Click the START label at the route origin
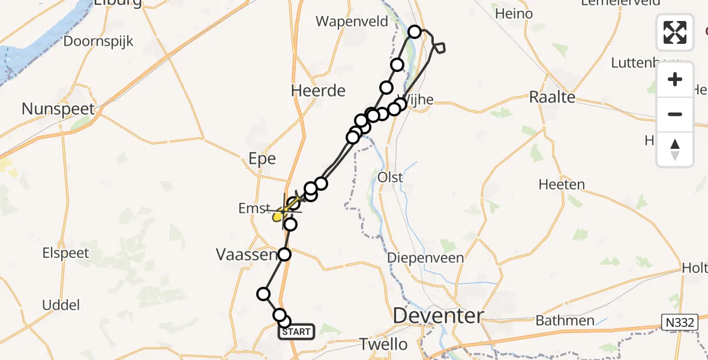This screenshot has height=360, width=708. pyautogui.click(x=296, y=332)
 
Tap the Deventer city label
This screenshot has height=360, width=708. pyautogui.click(x=438, y=316)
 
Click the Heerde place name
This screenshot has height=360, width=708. pyautogui.click(x=318, y=91)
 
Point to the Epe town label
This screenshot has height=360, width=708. pyautogui.click(x=262, y=159)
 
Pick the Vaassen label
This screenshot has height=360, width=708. pyautogui.click(x=245, y=254)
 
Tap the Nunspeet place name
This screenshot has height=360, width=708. pyautogui.click(x=58, y=109)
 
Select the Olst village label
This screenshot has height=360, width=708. pyautogui.click(x=390, y=178)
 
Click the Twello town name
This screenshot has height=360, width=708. pyautogui.click(x=383, y=344)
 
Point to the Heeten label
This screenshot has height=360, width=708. pyautogui.click(x=562, y=185)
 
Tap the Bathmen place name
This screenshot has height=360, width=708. pyautogui.click(x=565, y=320)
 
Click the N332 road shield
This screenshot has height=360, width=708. pyautogui.click(x=680, y=323)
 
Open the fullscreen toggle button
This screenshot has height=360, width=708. pyautogui.click(x=675, y=32)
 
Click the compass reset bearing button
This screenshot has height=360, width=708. pyautogui.click(x=675, y=149)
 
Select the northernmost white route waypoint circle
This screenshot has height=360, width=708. pyautogui.click(x=415, y=31)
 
